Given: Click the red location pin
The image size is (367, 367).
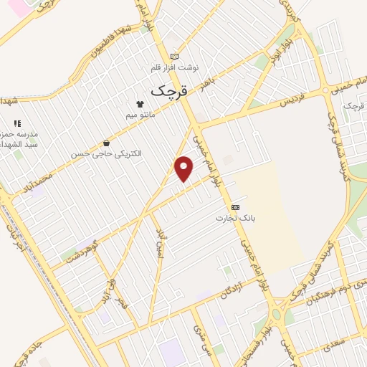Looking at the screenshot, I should (x=184, y=168).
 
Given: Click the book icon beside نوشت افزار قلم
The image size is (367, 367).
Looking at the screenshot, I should (x=174, y=56).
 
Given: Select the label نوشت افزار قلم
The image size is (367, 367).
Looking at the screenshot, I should (x=173, y=67).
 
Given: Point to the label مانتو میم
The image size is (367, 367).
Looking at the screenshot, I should (x=139, y=113).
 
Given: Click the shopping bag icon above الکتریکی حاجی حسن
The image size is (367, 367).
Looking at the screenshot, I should (x=107, y=143).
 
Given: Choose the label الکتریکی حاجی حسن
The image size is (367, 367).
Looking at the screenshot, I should (x=105, y=153).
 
